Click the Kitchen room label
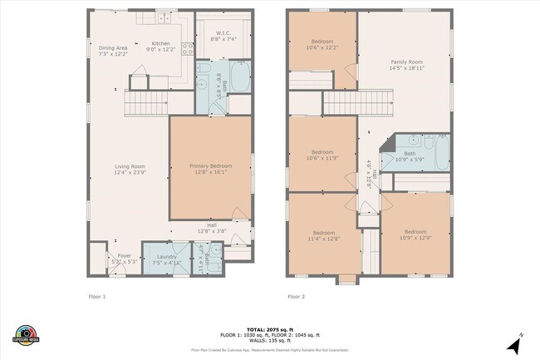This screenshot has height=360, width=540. [x=160, y=46]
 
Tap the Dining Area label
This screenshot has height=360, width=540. [x=113, y=51]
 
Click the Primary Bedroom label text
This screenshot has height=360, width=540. [x=209, y=170]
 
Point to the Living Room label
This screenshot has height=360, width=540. [x=130, y=170]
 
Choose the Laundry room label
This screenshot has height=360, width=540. [x=166, y=259]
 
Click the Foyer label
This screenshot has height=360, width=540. [x=124, y=259]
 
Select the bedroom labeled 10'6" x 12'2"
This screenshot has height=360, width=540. [x=322, y=44]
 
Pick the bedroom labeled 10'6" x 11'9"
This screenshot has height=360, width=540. [x=322, y=155]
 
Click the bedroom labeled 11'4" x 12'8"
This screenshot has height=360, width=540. [x=323, y=235]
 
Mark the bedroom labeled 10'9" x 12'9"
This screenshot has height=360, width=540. [x=415, y=235]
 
